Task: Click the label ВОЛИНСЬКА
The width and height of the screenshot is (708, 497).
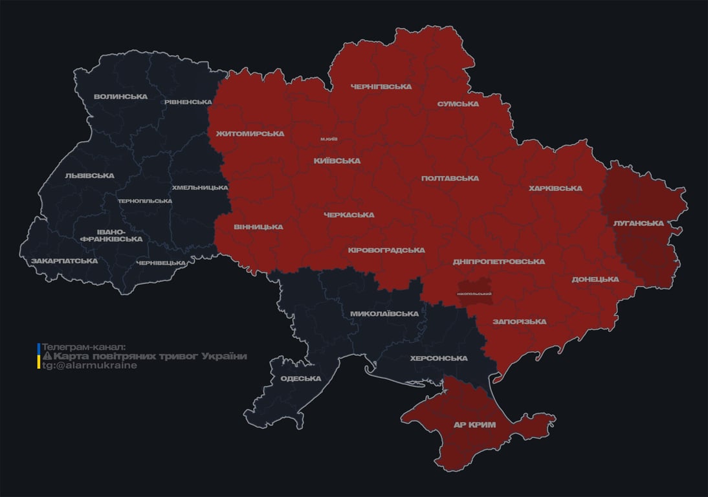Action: pos(120,97)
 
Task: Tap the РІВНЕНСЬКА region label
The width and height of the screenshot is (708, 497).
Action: pos(188,102)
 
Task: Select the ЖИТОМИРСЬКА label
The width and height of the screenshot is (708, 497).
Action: pos(250,134)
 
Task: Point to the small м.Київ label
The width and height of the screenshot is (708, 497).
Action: pos(329,139)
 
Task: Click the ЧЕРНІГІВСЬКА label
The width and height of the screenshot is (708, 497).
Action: pos(381,87)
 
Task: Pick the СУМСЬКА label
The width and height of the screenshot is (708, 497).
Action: pos(458,104)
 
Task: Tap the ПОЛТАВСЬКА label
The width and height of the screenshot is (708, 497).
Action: pos(450,179)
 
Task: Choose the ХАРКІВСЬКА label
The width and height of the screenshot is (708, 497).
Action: pos(555,189)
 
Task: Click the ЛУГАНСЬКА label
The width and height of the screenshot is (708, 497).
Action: pos(639,223)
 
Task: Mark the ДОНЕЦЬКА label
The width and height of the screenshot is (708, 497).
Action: pos(595,280)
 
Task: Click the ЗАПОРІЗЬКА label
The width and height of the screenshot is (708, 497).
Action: pos(519,322)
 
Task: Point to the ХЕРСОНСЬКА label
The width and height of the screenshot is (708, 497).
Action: pos(439,359)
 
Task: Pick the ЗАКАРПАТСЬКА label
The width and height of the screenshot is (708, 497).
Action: pos(65,261)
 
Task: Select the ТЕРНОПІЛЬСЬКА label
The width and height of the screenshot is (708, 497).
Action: pos(145,201)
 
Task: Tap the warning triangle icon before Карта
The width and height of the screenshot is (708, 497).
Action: pos(47,357)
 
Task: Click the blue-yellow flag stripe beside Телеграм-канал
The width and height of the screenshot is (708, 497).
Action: pos(39,356)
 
